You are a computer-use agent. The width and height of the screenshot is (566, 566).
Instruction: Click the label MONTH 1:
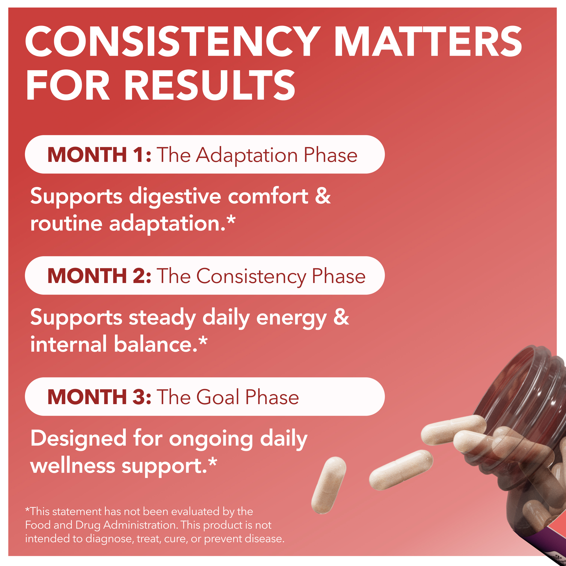pos(99,155)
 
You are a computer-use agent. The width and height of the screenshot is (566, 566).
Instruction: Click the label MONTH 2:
pos(99,276)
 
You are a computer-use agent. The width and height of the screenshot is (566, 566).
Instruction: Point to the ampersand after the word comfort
pos(323,196)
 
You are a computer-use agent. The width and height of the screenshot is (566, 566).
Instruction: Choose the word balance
pos(155,344)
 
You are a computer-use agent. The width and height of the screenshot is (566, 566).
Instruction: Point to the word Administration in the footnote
pos(141,525)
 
